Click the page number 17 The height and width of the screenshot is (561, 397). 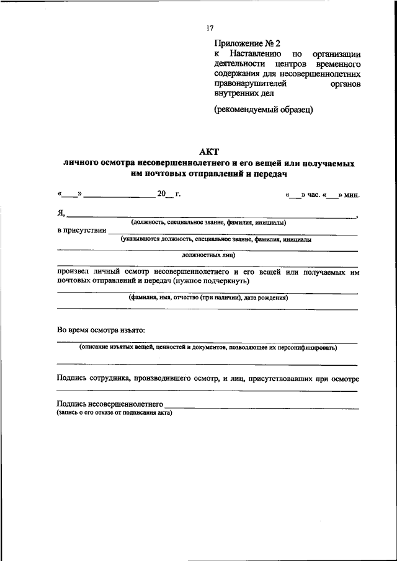click(x=210, y=28)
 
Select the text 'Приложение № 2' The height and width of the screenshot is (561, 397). click(x=248, y=43)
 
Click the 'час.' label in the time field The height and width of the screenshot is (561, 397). click(x=313, y=195)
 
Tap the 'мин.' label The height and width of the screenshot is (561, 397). click(x=352, y=195)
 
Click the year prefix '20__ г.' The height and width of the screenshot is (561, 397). click(x=169, y=194)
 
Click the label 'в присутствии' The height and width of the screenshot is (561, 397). click(x=81, y=230)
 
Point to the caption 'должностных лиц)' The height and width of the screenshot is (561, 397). click(x=208, y=255)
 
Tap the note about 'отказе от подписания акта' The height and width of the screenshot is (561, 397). click(x=114, y=412)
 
